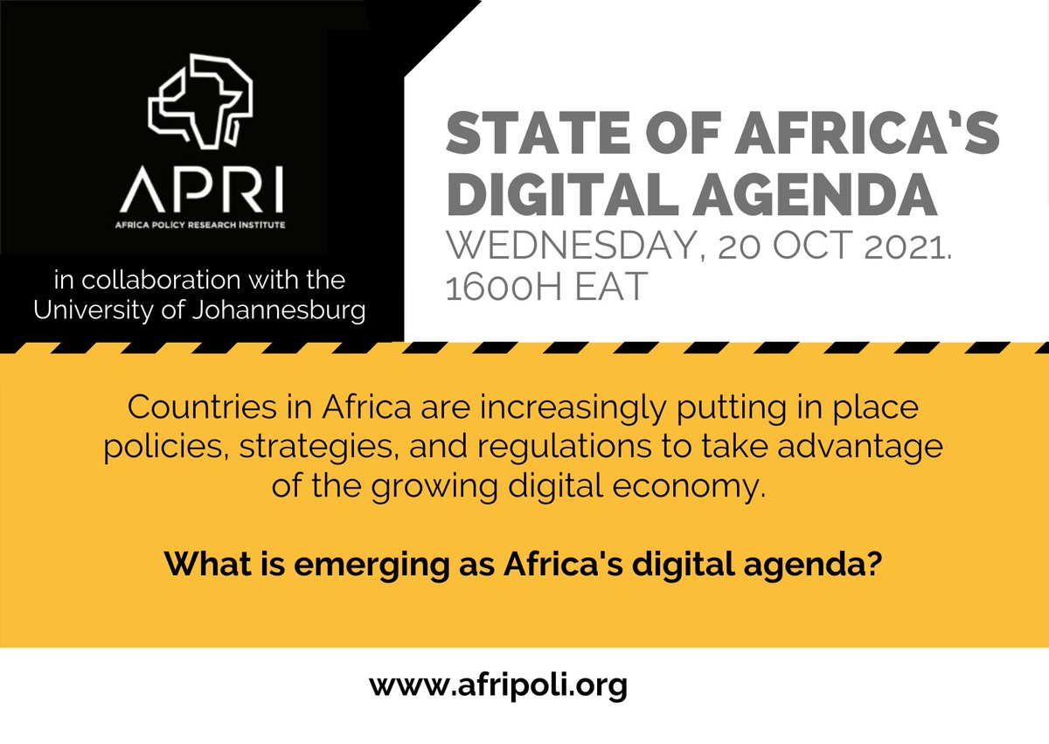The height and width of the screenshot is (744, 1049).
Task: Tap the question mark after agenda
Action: pos(874,563)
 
